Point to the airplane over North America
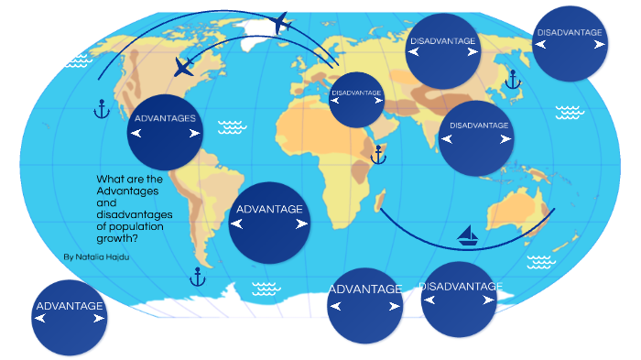[184, 67]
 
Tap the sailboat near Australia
[469, 236]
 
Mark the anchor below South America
[196, 276]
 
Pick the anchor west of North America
[103, 109]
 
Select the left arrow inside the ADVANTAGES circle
[136, 134]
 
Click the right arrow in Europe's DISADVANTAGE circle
[374, 105]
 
